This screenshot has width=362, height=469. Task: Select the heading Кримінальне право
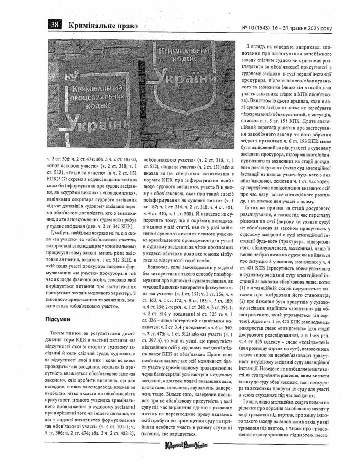click(103, 26)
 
